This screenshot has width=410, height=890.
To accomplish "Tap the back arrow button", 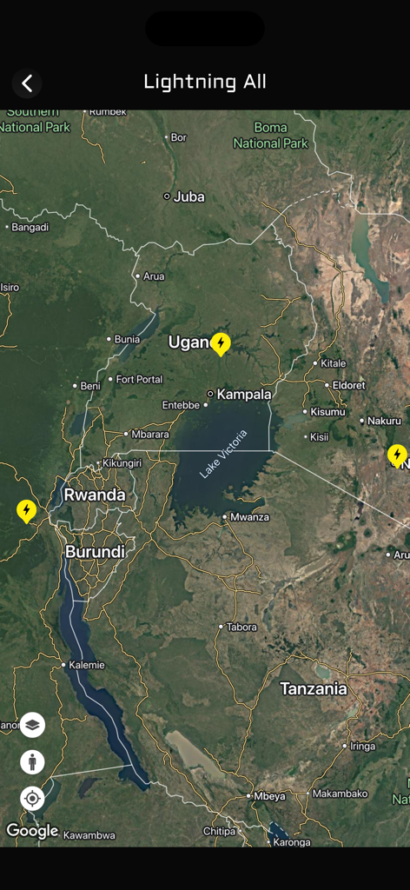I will coord(27,83).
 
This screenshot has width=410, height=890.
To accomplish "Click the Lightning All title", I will coord(205,82).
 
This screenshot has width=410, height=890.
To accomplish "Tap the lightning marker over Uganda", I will coord(221,344).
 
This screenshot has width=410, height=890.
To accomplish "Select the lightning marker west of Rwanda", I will coord(27,510).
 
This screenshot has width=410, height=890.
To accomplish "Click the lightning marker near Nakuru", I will coord(397,455).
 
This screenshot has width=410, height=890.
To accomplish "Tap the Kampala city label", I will coord(243,395).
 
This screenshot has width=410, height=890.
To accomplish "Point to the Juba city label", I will coord(188,196).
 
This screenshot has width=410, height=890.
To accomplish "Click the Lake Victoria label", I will coord(223,454).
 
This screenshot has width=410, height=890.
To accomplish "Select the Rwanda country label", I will coord(94,495).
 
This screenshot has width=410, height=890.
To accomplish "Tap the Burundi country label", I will coord(95,551).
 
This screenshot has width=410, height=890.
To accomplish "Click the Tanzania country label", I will coord(313,689).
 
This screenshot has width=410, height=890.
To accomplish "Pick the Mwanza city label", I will coord(249,517).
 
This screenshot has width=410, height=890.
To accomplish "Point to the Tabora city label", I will coord(241,627).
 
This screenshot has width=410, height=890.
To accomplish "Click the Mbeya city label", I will coord(268,796).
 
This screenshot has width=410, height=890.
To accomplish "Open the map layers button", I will coord(32,725).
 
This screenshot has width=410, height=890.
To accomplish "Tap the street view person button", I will coord(32,762).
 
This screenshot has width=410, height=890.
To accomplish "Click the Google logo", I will coord(32,831).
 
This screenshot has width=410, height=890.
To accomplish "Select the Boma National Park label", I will coord(270,136).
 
